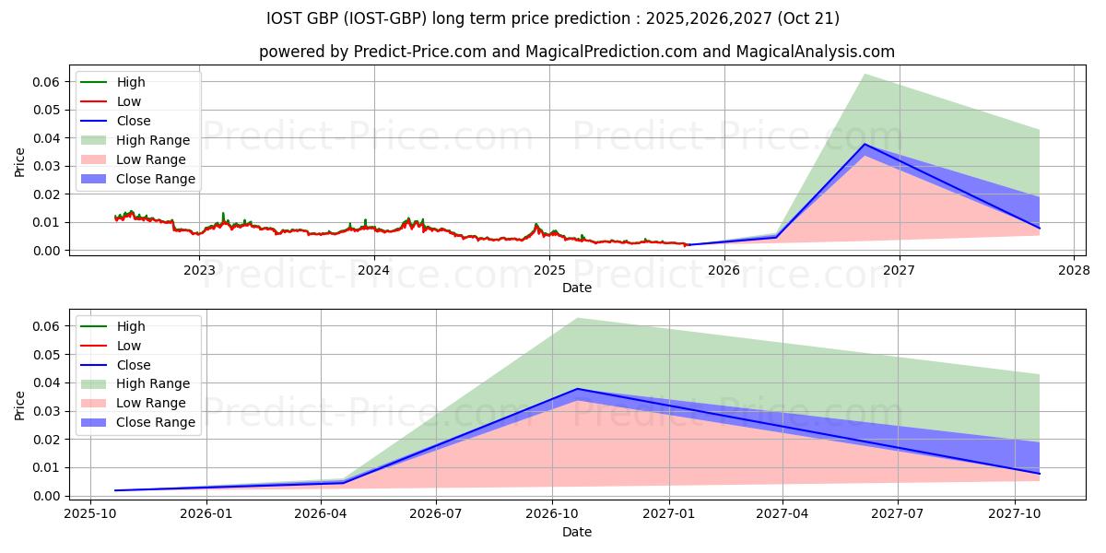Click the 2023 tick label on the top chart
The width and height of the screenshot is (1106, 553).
(199, 270)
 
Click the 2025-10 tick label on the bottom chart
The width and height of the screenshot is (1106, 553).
(90, 515)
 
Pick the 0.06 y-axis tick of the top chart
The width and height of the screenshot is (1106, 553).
(47, 82)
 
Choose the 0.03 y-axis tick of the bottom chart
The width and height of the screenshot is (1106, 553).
(47, 411)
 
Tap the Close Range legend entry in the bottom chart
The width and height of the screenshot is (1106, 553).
(156, 422)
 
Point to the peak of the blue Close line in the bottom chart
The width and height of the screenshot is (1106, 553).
(577, 389)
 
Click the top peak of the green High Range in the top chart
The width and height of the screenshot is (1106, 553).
(864, 74)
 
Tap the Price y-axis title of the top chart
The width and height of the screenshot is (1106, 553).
(20, 162)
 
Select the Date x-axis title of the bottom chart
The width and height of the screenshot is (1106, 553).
(577, 532)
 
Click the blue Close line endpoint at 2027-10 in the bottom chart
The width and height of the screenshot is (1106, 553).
(1040, 474)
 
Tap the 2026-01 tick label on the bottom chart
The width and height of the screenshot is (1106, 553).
(206, 515)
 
